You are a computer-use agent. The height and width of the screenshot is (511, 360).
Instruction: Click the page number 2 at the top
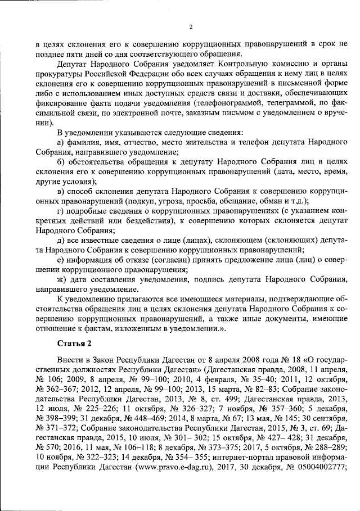pyautogui.click(x=191, y=26)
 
